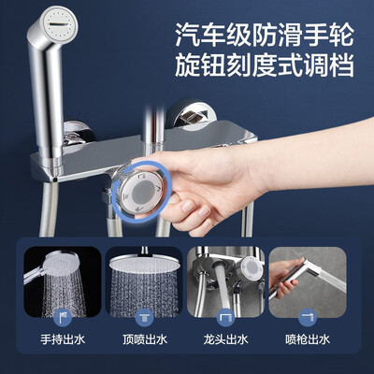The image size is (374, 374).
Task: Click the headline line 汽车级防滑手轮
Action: [265, 36]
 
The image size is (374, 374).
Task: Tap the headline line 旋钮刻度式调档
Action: [265, 65]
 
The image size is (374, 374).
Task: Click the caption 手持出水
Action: [63, 339]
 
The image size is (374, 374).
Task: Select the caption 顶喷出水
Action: [145, 339]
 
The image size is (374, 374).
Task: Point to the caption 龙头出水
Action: [226, 339]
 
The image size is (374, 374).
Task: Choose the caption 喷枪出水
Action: [308, 339]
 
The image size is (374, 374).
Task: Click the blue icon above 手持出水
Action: [63, 318]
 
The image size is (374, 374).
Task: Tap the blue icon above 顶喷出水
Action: [145, 318]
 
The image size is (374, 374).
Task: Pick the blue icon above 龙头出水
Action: [226, 318]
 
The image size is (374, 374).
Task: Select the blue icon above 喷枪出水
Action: [308, 318]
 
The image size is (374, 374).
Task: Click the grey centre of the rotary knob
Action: [143, 191]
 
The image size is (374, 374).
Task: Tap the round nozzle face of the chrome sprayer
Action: [59, 24]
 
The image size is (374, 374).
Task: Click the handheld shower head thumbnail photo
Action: [63, 281]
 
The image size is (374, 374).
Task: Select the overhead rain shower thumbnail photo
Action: [144, 281]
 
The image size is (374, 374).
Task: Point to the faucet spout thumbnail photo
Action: [226, 281]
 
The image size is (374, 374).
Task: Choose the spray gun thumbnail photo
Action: [308, 281]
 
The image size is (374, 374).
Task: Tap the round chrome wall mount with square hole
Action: [187, 116]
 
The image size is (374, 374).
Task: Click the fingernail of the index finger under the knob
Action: [188, 207]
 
